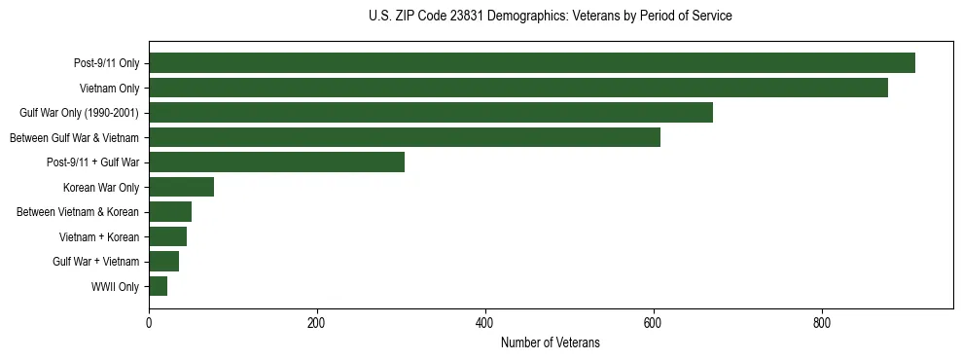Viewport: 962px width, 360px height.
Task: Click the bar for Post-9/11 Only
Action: (532, 63)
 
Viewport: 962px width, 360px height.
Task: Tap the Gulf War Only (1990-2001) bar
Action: (431, 113)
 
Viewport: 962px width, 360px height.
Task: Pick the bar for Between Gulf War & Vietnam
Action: (405, 137)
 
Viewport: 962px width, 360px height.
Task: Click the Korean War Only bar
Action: (182, 187)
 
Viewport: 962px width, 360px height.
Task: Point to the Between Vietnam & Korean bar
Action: (170, 212)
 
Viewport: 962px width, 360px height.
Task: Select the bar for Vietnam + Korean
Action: (168, 236)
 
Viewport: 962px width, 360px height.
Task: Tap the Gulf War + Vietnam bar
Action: (164, 261)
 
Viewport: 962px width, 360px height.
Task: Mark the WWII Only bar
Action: (159, 286)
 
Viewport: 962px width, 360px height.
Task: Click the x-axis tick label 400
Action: (485, 322)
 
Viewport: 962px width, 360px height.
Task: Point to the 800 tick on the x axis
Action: (822, 322)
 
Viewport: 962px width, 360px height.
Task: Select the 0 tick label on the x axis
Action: (149, 322)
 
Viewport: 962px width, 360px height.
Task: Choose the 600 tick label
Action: (654, 322)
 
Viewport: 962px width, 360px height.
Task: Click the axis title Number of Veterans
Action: (551, 343)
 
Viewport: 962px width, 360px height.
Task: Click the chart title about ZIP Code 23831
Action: (551, 17)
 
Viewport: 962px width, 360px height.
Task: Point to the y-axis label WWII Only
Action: (115, 287)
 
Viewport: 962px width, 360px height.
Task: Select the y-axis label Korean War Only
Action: (101, 188)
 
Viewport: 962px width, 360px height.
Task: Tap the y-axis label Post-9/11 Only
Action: (107, 64)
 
